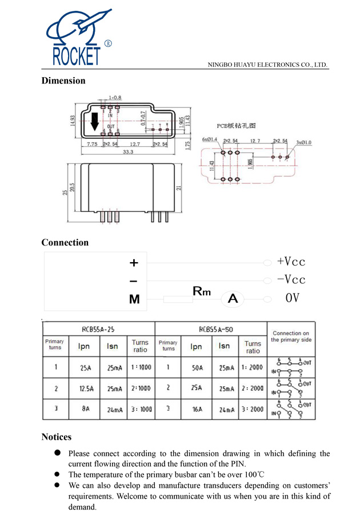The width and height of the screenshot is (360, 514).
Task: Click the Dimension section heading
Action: pyautogui.click(x=63, y=81)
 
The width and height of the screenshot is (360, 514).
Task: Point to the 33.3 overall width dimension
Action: pyautogui.click(x=127, y=152)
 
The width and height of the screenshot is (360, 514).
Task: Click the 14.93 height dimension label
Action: pyautogui.click(x=73, y=121)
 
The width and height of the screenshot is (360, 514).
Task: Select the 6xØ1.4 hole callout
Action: pyautogui.click(x=210, y=139)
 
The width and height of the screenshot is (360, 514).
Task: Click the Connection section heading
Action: pyautogui.click(x=65, y=242)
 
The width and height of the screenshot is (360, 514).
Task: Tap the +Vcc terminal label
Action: pyautogui.click(x=291, y=262)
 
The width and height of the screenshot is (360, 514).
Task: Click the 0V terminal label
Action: pyautogui.click(x=292, y=298)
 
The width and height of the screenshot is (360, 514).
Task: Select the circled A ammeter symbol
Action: pyautogui.click(x=233, y=298)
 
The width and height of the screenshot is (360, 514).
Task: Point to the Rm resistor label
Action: pyautogui.click(x=201, y=291)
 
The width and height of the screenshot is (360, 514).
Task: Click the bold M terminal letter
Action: pyautogui.click(x=134, y=299)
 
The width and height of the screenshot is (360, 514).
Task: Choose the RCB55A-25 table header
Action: pyautogui.click(x=98, y=329)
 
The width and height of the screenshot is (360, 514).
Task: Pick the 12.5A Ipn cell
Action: pyautogui.click(x=84, y=388)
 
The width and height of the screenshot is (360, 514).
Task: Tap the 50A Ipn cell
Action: pyautogui.click(x=197, y=367)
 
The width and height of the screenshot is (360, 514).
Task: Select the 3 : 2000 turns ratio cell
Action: pyautogui.click(x=253, y=409)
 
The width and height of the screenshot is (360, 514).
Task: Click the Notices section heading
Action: pyautogui.click(x=56, y=437)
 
